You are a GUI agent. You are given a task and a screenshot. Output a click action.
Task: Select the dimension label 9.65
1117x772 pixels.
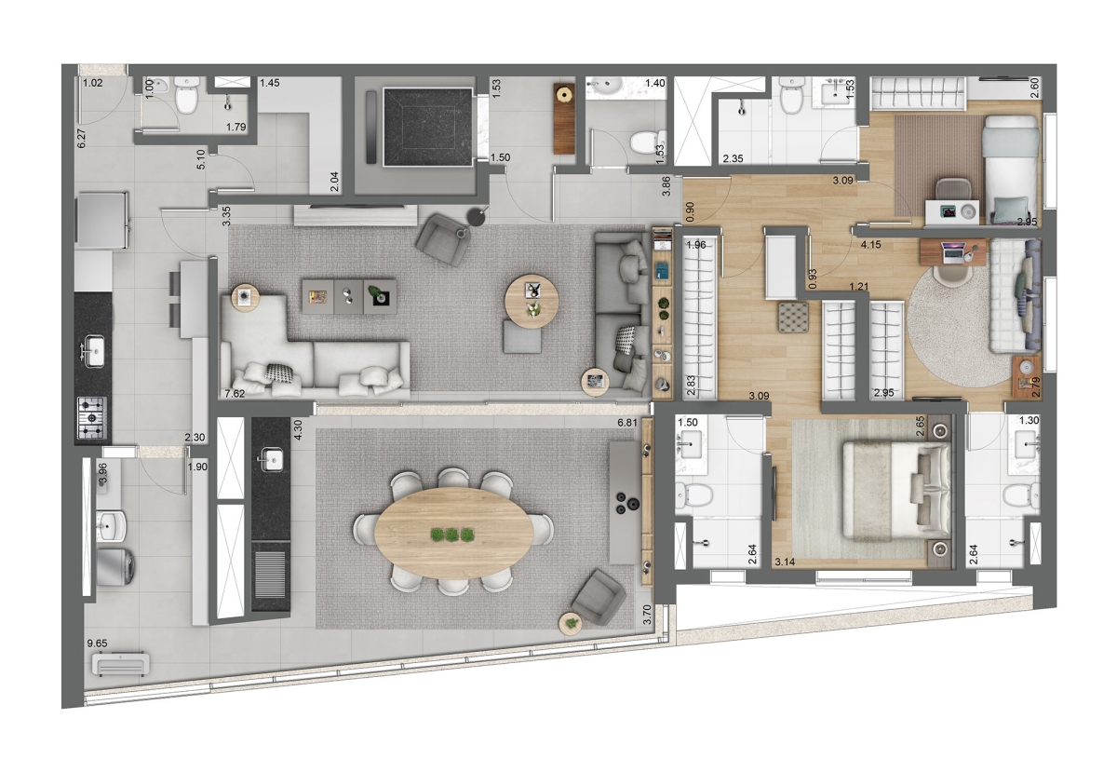96,643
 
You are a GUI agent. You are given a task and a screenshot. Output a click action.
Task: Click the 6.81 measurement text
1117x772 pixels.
631,424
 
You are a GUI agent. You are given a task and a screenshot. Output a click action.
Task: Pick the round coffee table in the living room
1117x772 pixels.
532,301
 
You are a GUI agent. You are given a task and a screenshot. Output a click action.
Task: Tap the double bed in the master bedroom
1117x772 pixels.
895,490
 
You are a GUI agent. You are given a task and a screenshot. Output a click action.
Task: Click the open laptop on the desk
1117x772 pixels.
955,251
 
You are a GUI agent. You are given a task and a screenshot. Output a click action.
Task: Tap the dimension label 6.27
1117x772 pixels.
81,138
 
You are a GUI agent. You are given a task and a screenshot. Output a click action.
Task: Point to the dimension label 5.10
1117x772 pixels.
201,160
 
